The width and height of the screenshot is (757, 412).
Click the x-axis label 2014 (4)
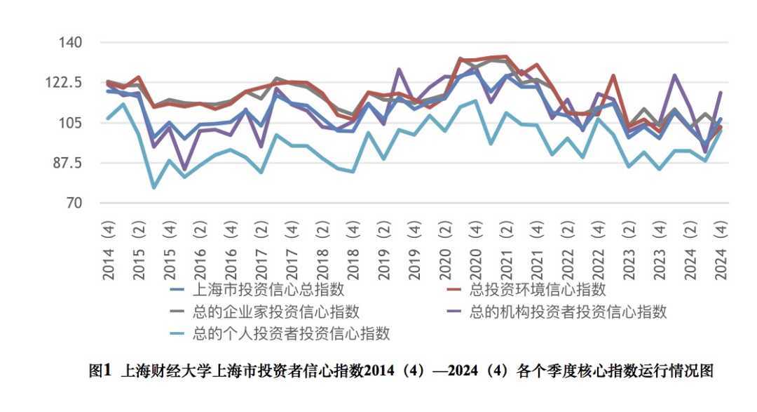pyautogui.click(x=109, y=250)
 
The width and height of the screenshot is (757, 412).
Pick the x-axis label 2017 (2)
pyautogui.click(x=261, y=250)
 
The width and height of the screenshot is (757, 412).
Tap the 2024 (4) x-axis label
pyautogui.click(x=719, y=250)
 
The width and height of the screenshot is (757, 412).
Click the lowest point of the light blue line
pyautogui.click(x=154, y=187)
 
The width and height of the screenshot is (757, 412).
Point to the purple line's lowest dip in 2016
pyautogui.click(x=184, y=169)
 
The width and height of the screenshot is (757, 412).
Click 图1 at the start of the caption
pyautogui.click(x=100, y=371)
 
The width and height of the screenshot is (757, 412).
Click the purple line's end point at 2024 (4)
pyautogui.click(x=720, y=93)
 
